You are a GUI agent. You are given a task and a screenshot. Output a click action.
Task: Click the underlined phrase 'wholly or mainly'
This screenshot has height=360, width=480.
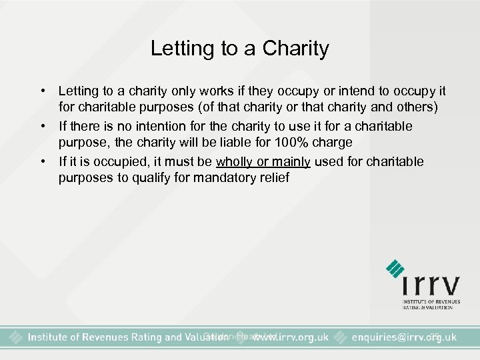(x=263, y=161)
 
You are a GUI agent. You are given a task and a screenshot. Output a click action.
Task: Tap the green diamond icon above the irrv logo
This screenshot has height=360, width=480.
(x=395, y=268)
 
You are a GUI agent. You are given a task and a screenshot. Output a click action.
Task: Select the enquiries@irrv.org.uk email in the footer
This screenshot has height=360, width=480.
(x=403, y=338)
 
